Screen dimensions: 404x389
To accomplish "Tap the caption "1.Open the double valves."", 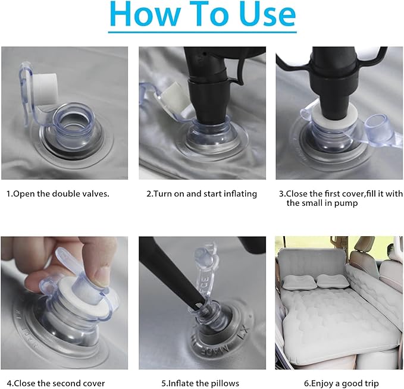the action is click(x=58, y=194).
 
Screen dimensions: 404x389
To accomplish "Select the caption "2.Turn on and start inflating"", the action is click(x=202, y=194).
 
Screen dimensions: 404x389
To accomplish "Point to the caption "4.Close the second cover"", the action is click(x=56, y=383).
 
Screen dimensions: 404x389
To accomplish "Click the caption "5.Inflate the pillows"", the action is click(x=200, y=383).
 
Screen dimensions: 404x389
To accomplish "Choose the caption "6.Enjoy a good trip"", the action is click(x=341, y=383).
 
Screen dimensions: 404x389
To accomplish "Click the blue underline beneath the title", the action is click(x=202, y=32).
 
